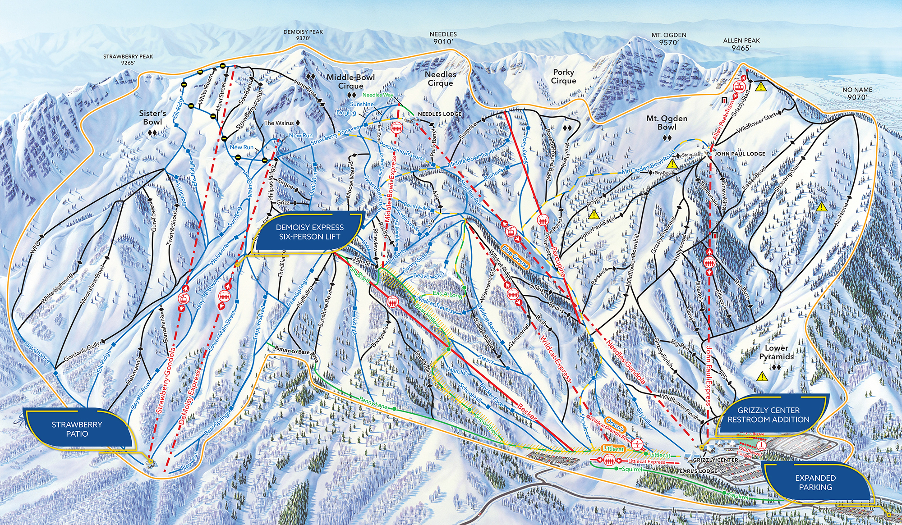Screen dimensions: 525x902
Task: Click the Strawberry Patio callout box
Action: pyautogui.click(x=77, y=429)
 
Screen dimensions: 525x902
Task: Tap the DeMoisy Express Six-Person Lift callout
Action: pyautogui.click(x=309, y=232)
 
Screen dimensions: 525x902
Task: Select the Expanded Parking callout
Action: pyautogui.click(x=815, y=482)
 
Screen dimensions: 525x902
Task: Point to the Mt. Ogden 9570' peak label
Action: pyautogui.click(x=669, y=39)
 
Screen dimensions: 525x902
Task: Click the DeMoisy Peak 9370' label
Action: pyautogui.click(x=303, y=35)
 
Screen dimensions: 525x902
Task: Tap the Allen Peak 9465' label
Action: pyautogui.click(x=741, y=44)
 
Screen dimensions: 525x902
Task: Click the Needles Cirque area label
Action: pyautogui.click(x=440, y=78)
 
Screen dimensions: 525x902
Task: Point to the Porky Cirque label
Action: pyautogui.click(x=563, y=76)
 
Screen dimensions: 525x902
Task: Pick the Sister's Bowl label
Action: pyautogui.click(x=152, y=118)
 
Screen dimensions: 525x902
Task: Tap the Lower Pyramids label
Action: pyautogui.click(x=776, y=352)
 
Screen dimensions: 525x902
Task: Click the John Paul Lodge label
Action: pyautogui.click(x=740, y=154)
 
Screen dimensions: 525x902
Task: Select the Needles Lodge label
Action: pyautogui.click(x=439, y=114)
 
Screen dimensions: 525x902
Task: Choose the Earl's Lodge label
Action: pyautogui.click(x=699, y=471)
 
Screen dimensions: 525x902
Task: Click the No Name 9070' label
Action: pyautogui.click(x=857, y=93)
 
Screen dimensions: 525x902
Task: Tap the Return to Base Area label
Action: pyautogui.click(x=297, y=351)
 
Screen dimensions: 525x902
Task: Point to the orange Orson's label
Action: pyautogui.click(x=614, y=424)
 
